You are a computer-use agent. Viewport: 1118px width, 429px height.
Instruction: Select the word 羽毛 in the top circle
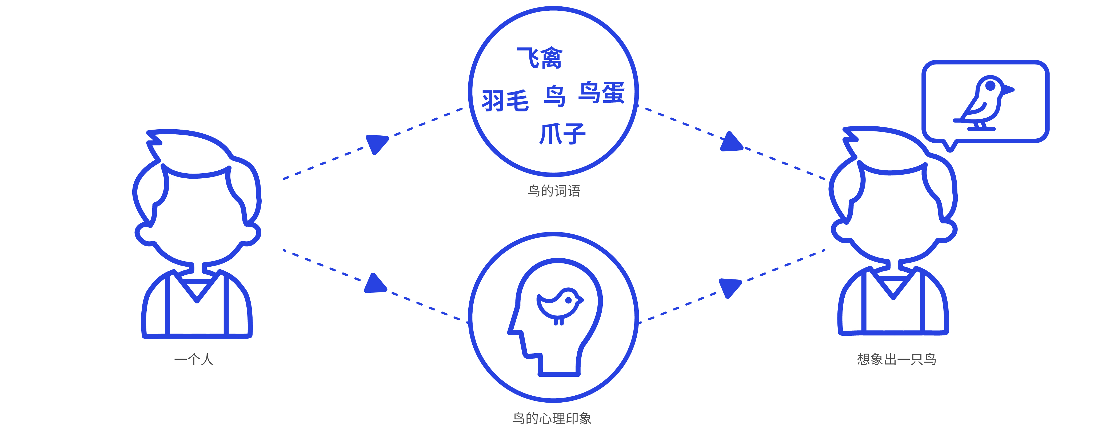pos(505,100)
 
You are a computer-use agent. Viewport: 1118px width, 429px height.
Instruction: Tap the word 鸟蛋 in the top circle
pos(601,93)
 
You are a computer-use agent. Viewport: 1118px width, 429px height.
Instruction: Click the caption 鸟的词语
pos(554,191)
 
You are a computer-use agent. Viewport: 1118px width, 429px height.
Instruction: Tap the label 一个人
pos(194,359)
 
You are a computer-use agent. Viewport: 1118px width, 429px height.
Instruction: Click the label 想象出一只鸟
pos(897,359)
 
